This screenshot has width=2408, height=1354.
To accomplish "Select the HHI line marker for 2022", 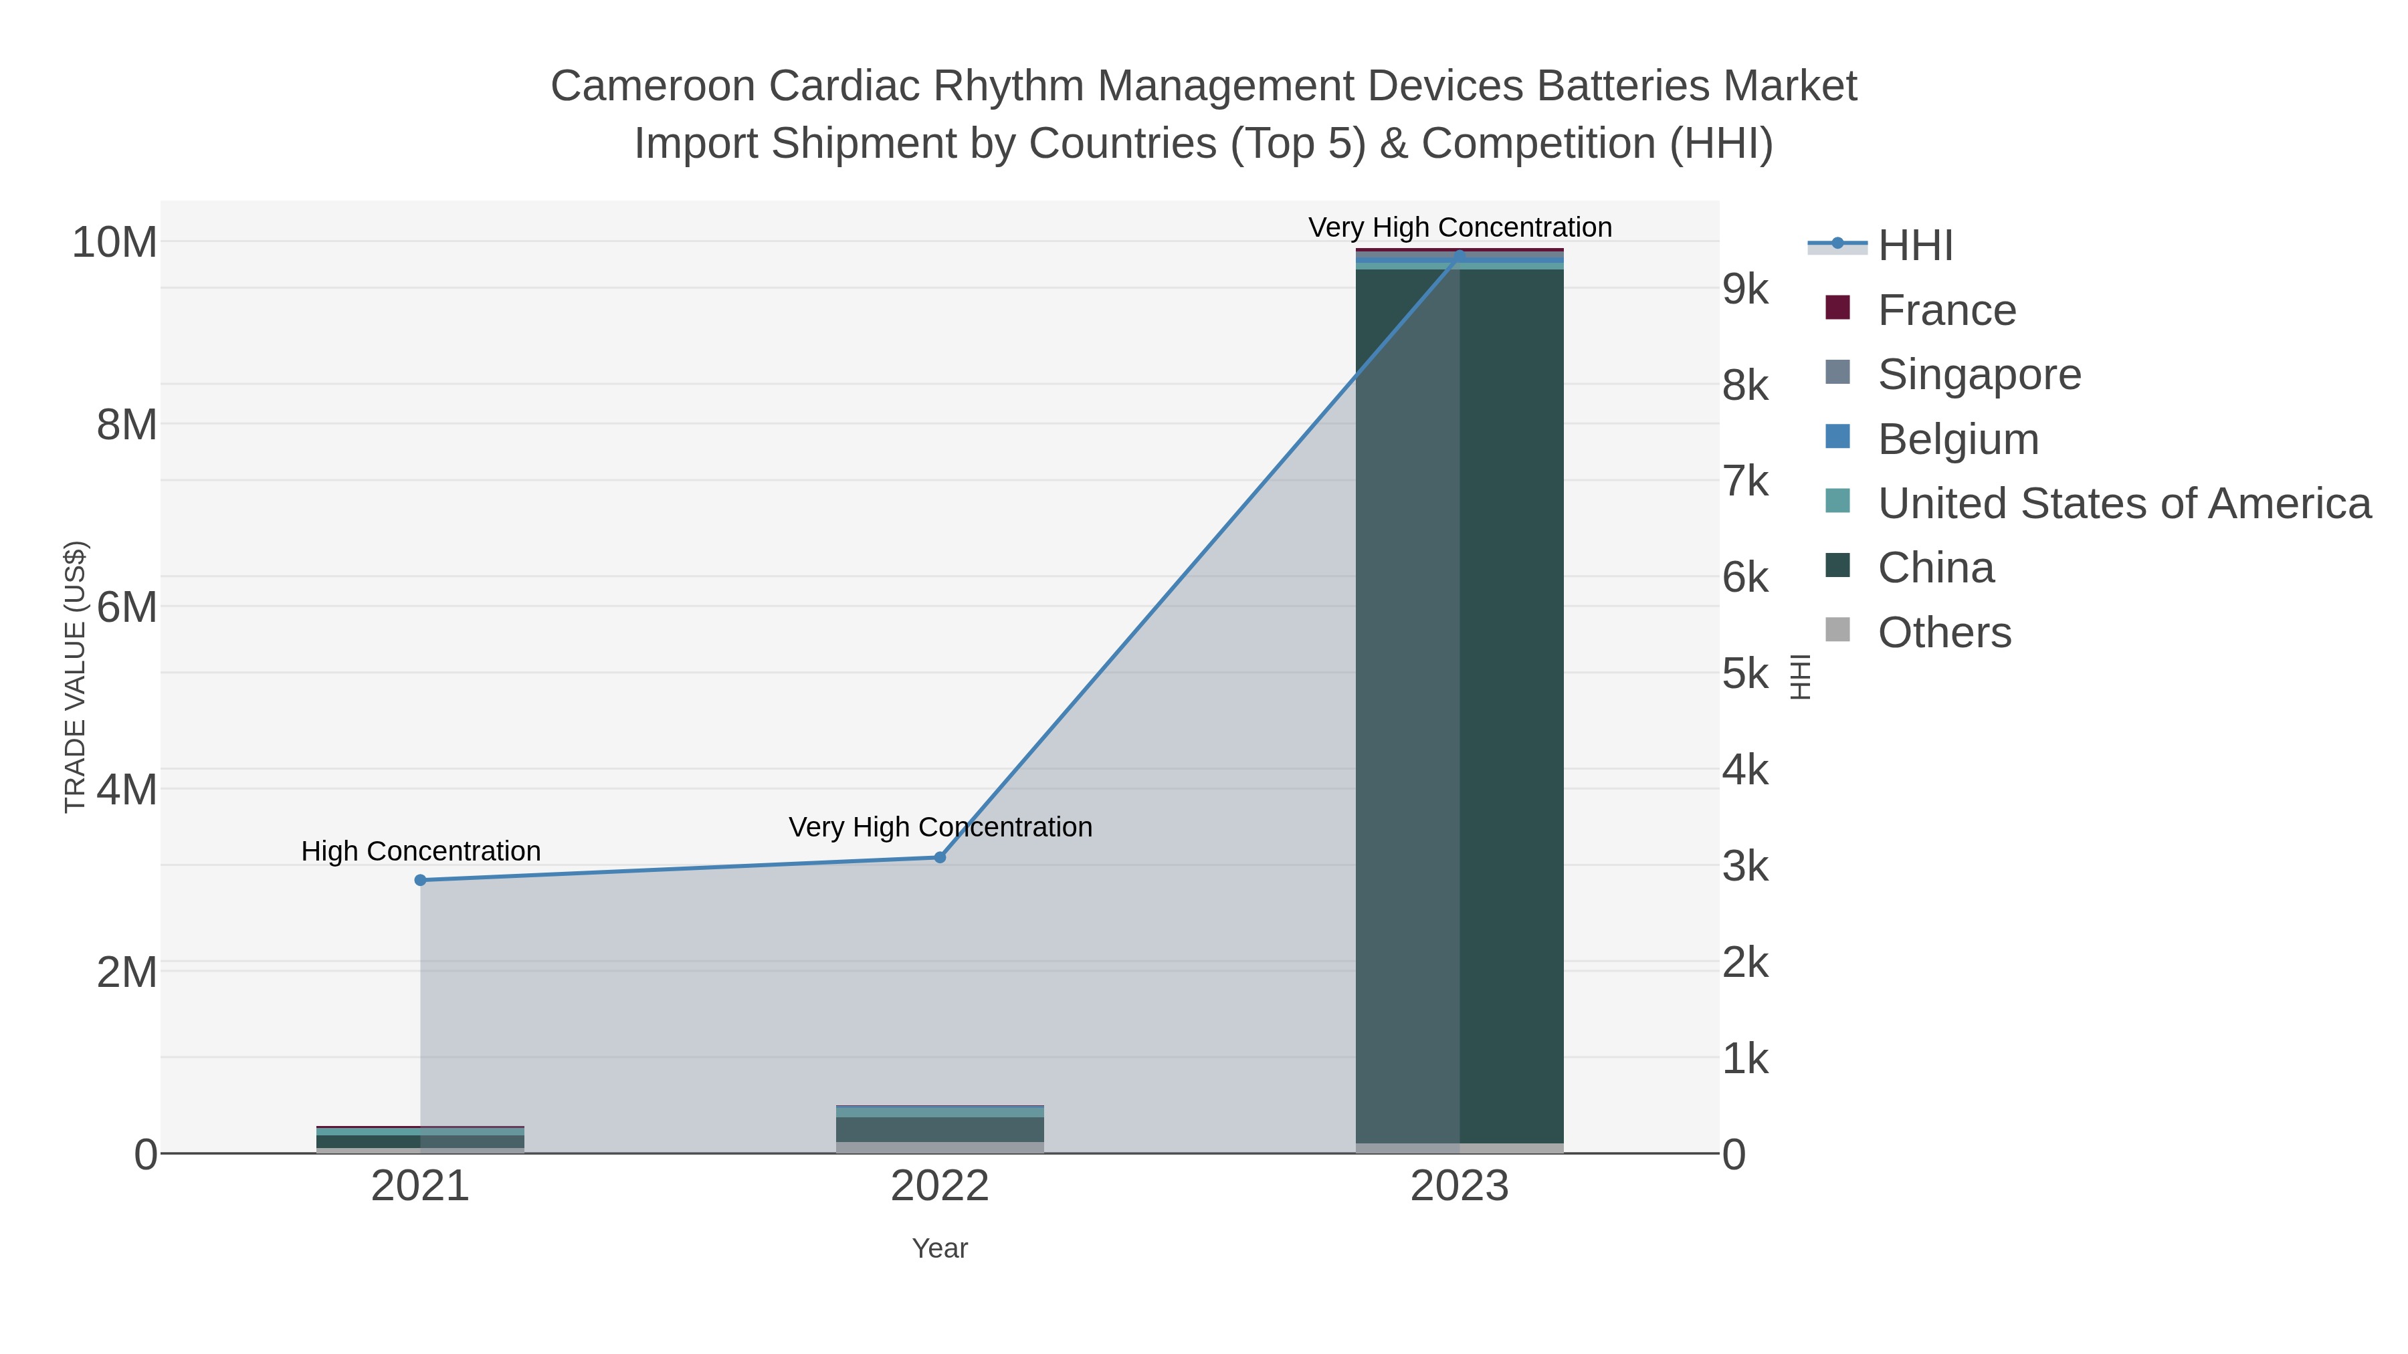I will [x=940, y=857].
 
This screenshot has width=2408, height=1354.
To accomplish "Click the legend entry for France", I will [x=1946, y=310].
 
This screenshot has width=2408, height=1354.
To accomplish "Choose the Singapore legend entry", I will [x=1979, y=374].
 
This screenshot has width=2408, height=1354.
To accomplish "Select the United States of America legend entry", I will [x=2123, y=503].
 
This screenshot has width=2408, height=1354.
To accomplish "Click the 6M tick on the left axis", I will [x=127, y=607].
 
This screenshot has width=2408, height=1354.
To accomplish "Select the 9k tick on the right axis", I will [x=1745, y=290].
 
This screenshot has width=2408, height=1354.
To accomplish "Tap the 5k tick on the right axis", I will [x=1745, y=674].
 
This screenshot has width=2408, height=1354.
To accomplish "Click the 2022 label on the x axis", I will [x=940, y=1187].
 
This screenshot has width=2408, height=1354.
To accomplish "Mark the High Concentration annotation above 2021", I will [x=421, y=851].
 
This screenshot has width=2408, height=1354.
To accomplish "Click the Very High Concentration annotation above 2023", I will [x=1460, y=227].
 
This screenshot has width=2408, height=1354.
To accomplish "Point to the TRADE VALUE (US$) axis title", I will [x=75, y=677].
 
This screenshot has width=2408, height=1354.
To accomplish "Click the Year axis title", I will [x=940, y=1248].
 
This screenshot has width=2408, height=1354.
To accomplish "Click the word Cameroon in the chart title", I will [x=652, y=86].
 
